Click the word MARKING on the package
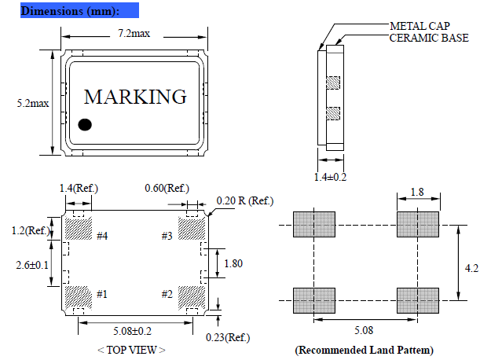(x=135, y=97)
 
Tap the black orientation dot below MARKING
(x=86, y=124)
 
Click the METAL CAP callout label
(x=420, y=25)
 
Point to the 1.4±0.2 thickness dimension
(x=329, y=177)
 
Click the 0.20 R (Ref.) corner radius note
(x=246, y=201)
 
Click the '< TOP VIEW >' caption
(x=131, y=349)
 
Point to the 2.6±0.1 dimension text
(x=31, y=264)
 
